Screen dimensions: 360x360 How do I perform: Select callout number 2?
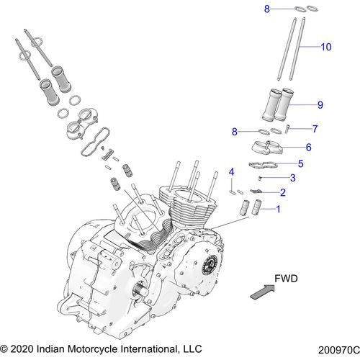click(x=283, y=192)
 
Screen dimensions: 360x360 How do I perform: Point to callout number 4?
click(x=231, y=171)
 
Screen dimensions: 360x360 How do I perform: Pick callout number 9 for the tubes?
click(x=319, y=105)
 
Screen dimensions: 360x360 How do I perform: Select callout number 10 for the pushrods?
click(x=325, y=47)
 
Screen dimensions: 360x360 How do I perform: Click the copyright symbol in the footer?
click(x=6, y=349)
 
